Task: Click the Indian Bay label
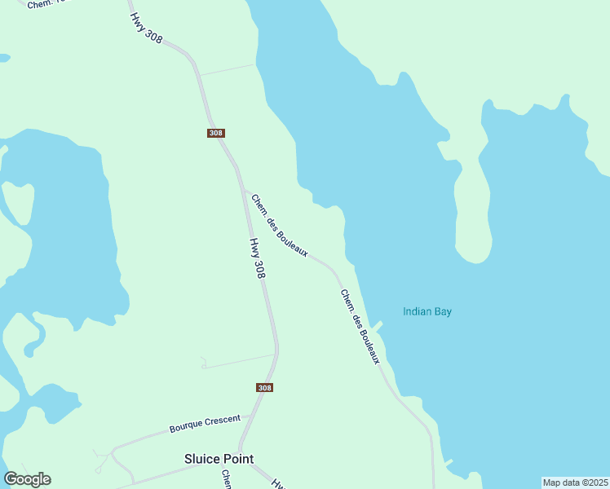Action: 427,311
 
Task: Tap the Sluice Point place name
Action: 219,458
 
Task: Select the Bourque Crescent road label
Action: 205,424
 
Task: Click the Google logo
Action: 27,479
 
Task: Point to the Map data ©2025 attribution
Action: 576,482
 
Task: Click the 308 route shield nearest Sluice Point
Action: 264,387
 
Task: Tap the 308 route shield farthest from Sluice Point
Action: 215,133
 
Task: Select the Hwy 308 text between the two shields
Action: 257,258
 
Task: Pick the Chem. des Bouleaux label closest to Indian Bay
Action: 360,327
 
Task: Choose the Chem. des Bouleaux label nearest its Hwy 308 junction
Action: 279,226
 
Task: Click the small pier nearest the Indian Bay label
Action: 377,325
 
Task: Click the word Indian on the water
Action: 418,311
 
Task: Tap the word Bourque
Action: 185,427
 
